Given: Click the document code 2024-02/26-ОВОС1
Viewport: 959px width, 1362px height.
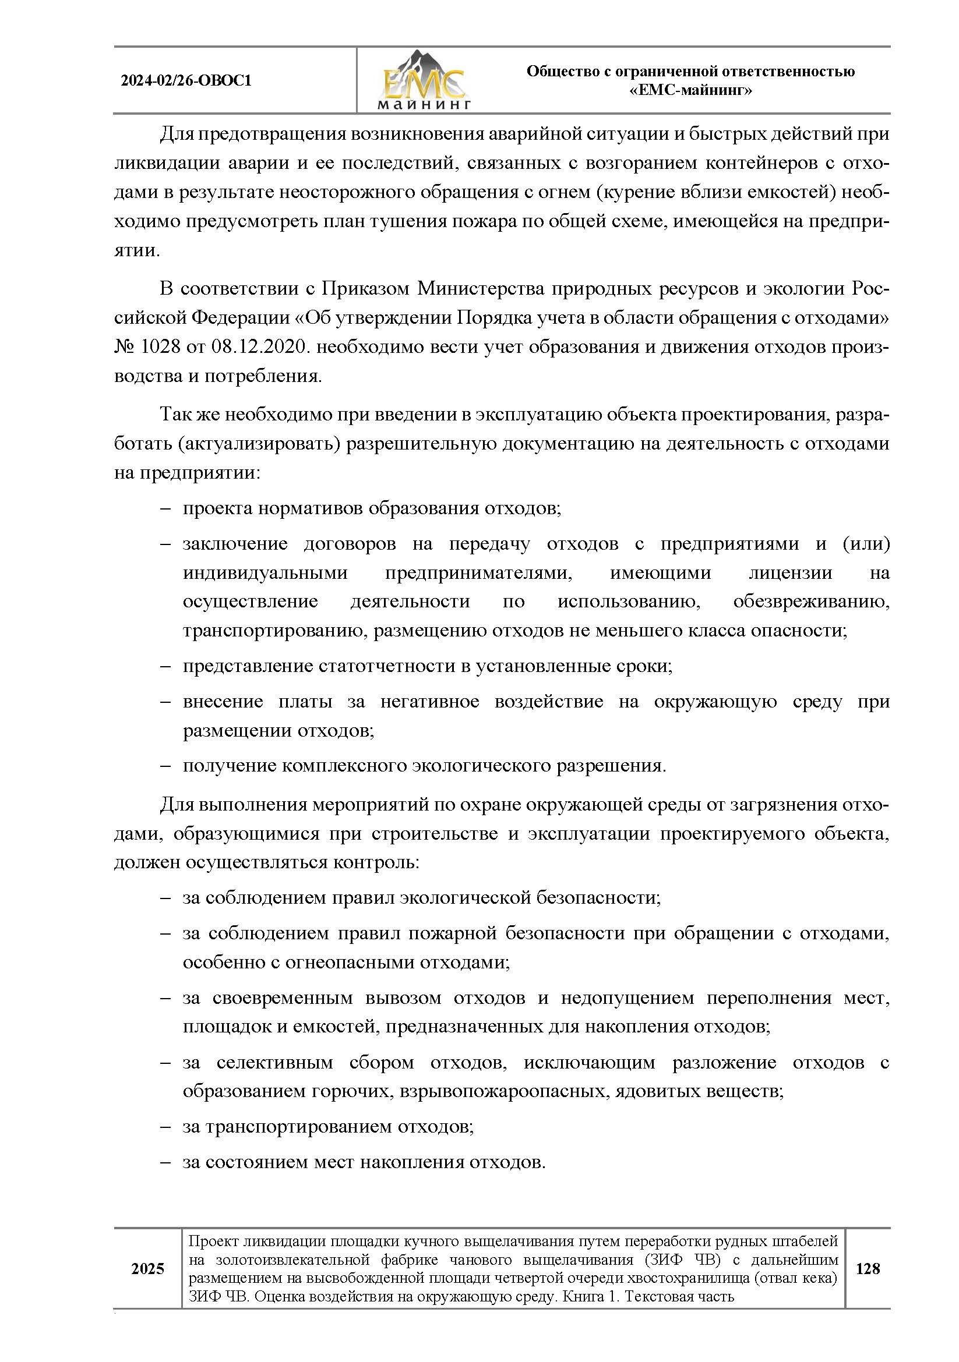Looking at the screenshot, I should coord(186,81).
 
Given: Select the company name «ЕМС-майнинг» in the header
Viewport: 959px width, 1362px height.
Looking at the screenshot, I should coord(690,91).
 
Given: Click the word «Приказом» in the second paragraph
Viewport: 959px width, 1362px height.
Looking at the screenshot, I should coord(365,289).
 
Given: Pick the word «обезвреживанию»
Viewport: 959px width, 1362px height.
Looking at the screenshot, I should coord(811,602).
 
